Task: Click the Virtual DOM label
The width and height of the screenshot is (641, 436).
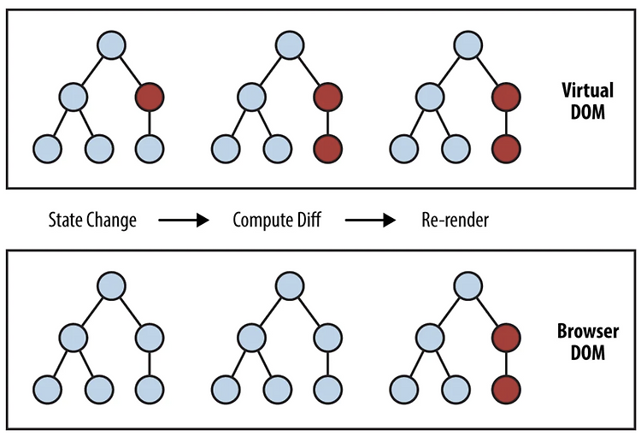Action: (587, 101)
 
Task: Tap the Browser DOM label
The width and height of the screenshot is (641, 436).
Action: (587, 342)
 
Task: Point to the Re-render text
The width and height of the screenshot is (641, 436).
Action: (455, 220)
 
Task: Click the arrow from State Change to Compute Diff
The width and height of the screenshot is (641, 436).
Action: (184, 221)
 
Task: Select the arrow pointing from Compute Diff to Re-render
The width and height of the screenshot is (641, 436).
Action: (370, 221)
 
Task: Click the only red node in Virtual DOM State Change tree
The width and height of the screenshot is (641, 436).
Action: (150, 97)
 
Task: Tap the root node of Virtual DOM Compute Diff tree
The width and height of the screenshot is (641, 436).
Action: (290, 45)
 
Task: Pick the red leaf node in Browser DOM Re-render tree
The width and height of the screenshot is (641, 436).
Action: (507, 389)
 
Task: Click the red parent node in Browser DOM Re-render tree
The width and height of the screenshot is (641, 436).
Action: (507, 338)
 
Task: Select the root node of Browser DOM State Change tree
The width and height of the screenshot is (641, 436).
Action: (112, 286)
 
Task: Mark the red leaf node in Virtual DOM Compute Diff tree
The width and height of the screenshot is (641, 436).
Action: (328, 149)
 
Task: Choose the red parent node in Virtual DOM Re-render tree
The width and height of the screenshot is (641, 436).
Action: (507, 97)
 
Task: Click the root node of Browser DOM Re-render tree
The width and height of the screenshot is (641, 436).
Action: (468, 286)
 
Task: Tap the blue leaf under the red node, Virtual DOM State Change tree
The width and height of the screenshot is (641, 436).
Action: (150, 149)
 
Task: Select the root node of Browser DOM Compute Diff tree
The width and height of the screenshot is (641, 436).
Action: (290, 286)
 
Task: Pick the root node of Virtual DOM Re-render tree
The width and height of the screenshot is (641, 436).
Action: (468, 45)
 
